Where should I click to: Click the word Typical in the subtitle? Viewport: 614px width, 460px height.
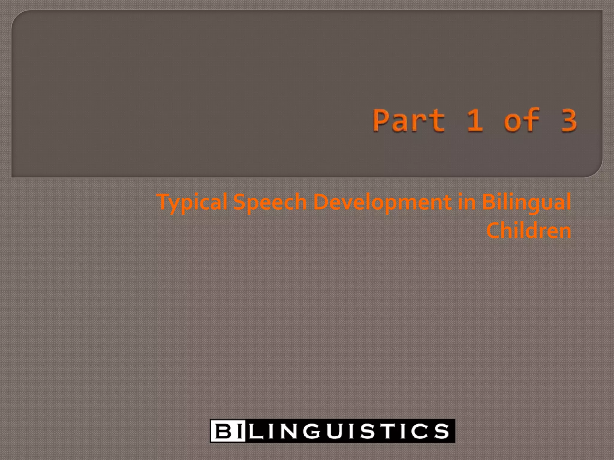pos(192,202)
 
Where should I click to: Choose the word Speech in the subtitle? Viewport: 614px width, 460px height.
pos(270,202)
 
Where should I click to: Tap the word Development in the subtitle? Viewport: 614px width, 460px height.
pos(382,202)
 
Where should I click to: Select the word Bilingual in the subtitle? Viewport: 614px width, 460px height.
pos(526,202)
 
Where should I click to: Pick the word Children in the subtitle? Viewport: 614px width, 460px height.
pos(529,230)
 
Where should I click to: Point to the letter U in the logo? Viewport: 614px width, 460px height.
pos(337,431)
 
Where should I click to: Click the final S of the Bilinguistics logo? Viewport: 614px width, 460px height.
pos(442,431)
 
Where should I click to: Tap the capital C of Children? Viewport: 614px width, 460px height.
pos(493,230)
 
